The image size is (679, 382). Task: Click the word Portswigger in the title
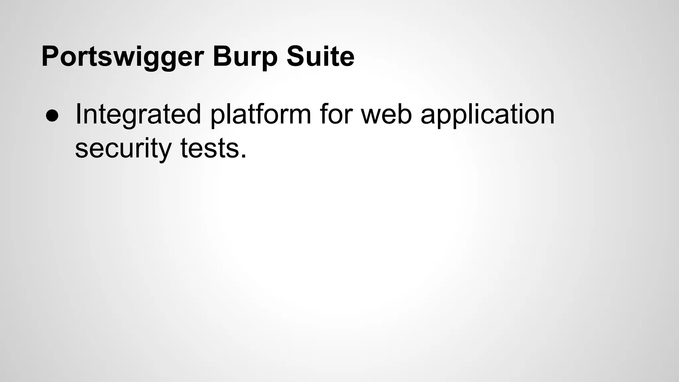(122, 57)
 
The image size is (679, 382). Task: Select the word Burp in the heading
(245, 57)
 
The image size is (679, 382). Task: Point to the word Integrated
(138, 114)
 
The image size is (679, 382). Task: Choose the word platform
(261, 114)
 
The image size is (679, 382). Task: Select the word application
(487, 114)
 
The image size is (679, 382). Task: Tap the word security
(123, 149)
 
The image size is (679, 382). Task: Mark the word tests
(210, 149)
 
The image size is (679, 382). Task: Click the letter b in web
(405, 114)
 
